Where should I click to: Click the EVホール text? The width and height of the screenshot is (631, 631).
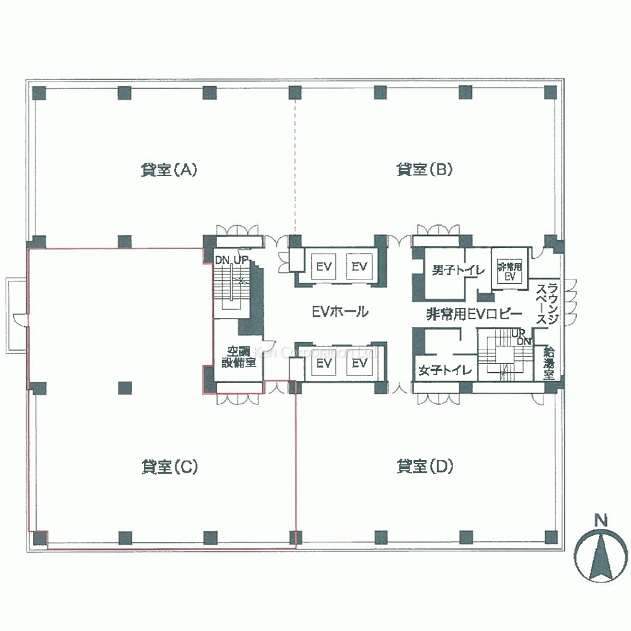[340, 312]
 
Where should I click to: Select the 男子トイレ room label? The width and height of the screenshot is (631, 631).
[458, 270]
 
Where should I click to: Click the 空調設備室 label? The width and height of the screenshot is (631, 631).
[239, 357]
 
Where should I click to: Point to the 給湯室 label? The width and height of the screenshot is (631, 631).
[549, 363]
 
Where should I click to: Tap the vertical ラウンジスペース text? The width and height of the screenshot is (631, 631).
[547, 304]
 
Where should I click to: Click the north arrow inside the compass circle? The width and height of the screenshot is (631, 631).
[600, 555]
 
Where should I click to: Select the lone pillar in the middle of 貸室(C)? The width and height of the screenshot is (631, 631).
[125, 387]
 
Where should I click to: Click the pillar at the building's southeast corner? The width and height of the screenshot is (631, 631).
[551, 537]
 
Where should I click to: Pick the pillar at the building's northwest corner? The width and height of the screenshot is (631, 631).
[40, 93]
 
